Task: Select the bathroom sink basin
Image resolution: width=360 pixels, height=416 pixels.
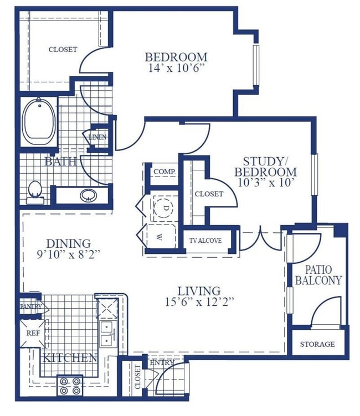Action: click(x=89, y=195)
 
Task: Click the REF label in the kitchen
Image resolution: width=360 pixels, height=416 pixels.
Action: click(x=33, y=333)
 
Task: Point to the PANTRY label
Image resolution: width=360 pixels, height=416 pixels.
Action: click(x=32, y=306)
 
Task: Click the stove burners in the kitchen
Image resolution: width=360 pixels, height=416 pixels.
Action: click(x=70, y=386)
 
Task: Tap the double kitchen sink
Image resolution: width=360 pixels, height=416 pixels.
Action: click(x=109, y=334)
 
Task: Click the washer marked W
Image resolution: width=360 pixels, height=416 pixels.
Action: click(x=160, y=237)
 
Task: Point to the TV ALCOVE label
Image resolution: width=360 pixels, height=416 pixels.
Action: click(x=205, y=241)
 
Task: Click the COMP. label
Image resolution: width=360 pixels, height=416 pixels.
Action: click(x=164, y=171)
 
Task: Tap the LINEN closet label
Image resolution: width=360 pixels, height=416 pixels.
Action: click(x=97, y=137)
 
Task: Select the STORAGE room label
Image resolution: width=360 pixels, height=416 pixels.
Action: click(x=317, y=344)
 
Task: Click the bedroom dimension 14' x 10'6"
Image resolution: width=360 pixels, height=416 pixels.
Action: click(x=177, y=69)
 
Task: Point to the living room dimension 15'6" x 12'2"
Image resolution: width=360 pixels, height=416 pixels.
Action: click(x=199, y=302)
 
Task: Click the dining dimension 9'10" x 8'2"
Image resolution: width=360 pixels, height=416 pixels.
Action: click(x=69, y=254)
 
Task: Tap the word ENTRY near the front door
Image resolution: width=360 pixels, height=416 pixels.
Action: click(x=162, y=362)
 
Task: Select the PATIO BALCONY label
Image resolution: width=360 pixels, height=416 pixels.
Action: click(x=318, y=275)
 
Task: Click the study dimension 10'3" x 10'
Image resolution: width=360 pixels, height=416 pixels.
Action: click(x=266, y=183)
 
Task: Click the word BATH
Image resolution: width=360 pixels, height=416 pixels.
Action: click(x=60, y=162)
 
